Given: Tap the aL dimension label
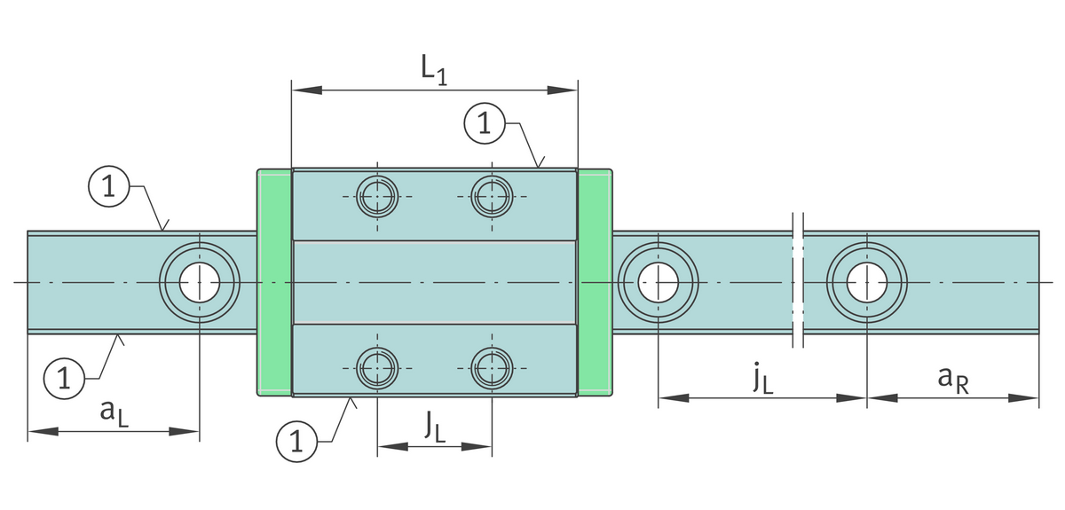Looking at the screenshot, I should [x=113, y=412].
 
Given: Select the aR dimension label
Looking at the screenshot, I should [x=951, y=378].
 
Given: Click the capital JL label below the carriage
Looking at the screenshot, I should [x=434, y=428].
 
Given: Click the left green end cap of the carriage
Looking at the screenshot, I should [x=273, y=282].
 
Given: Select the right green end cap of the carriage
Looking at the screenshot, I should [x=595, y=282].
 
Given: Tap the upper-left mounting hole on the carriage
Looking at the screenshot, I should [x=377, y=196].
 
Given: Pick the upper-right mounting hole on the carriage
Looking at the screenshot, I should [x=492, y=196].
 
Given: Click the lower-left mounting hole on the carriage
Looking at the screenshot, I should [x=377, y=367].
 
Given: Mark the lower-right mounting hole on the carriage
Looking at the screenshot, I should [x=492, y=367].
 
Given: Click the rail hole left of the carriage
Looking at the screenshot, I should [x=200, y=283].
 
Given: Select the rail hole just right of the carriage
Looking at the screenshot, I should [x=658, y=282].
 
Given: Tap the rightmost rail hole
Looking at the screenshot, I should [x=866, y=282].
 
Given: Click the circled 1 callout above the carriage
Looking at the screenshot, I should [x=484, y=123].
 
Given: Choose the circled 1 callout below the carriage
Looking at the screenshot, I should [x=296, y=442].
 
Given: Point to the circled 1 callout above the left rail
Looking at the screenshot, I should [x=108, y=187].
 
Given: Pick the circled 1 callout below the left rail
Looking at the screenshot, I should [x=63, y=379].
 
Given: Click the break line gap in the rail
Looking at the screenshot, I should [x=797, y=282].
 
